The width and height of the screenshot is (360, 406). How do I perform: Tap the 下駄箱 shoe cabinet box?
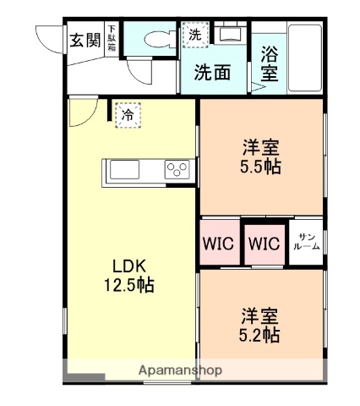tap(111, 40)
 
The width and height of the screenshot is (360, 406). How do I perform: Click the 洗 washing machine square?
tap(194, 36)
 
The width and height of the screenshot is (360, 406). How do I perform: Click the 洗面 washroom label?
tap(212, 73)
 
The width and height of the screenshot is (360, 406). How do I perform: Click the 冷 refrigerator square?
tap(127, 114)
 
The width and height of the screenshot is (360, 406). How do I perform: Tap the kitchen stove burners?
tap(178, 171)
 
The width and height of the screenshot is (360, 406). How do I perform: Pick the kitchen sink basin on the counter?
tap(124, 171)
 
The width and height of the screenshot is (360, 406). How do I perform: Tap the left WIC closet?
tap(218, 244)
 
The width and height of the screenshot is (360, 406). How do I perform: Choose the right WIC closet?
tap(264, 244)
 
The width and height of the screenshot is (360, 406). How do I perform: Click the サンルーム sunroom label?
tap(306, 243)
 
